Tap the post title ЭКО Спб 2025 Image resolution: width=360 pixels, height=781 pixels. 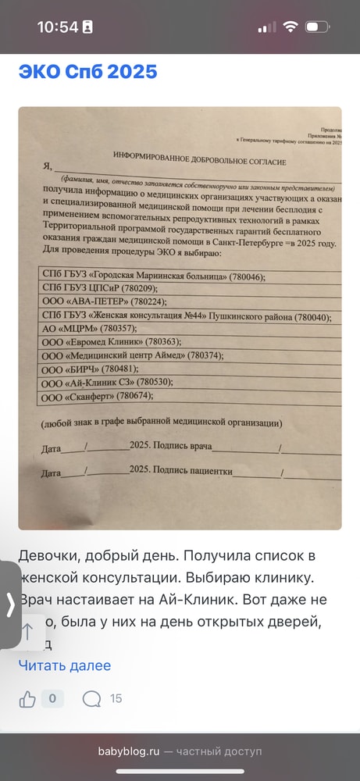[88, 73]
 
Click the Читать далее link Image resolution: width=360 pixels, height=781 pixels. [65, 665]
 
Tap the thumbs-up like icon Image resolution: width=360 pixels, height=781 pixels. [28, 698]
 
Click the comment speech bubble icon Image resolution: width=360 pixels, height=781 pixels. [91, 698]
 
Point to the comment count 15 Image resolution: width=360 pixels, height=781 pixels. [116, 698]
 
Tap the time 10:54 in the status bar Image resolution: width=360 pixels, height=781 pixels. [58, 27]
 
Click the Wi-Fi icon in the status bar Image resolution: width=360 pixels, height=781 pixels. [290, 27]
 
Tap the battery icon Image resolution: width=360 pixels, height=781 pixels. [317, 27]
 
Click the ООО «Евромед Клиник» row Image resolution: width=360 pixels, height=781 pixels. [109, 343]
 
